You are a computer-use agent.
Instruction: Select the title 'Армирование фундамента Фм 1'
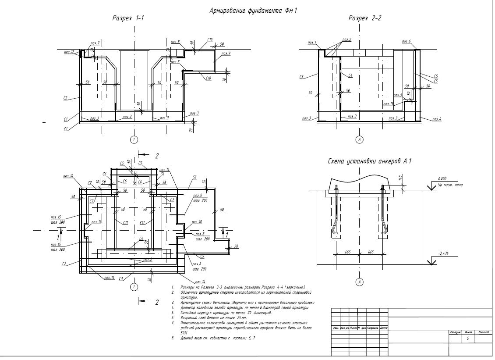point(254,11)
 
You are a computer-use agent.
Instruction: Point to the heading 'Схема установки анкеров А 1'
point(369,161)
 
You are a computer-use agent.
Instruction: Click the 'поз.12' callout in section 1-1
point(69,51)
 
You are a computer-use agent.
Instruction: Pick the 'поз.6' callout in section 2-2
point(406,41)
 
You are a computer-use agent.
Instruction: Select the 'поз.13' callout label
point(388,104)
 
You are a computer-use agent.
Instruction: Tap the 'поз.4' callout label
point(437,119)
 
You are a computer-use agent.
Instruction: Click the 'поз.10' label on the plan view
point(197,222)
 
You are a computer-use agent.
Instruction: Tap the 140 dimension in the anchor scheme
point(400,178)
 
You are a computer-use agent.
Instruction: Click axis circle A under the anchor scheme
point(360,282)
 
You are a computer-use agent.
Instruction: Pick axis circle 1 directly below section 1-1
point(134,140)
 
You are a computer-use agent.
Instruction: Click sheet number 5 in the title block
point(468,339)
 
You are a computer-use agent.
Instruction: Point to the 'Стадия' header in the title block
point(455,332)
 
